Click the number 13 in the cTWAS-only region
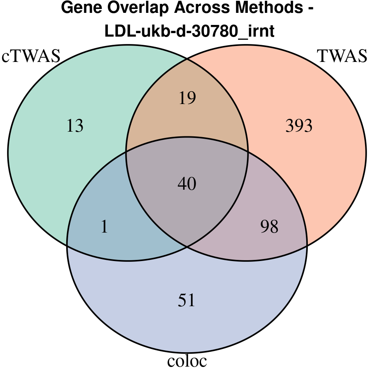click(x=75, y=126)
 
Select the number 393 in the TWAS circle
click(x=299, y=126)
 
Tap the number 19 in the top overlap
click(x=187, y=98)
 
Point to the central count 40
click(x=187, y=183)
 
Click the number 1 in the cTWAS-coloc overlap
click(x=104, y=227)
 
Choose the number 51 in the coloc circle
click(x=187, y=300)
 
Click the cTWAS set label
click(x=31, y=56)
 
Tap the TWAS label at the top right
click(x=342, y=56)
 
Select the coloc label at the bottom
click(x=187, y=361)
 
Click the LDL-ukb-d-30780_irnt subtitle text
click(x=190, y=32)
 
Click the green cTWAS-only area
click(x=47, y=164)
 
